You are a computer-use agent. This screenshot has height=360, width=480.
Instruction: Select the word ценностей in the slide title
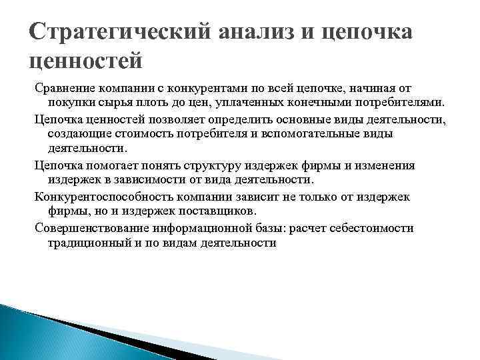pyautogui.click(x=87, y=61)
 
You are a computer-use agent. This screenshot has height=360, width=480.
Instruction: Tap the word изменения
pyautogui.click(x=385, y=165)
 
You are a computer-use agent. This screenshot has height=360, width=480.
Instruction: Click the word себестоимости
pyautogui.click(x=373, y=228)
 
